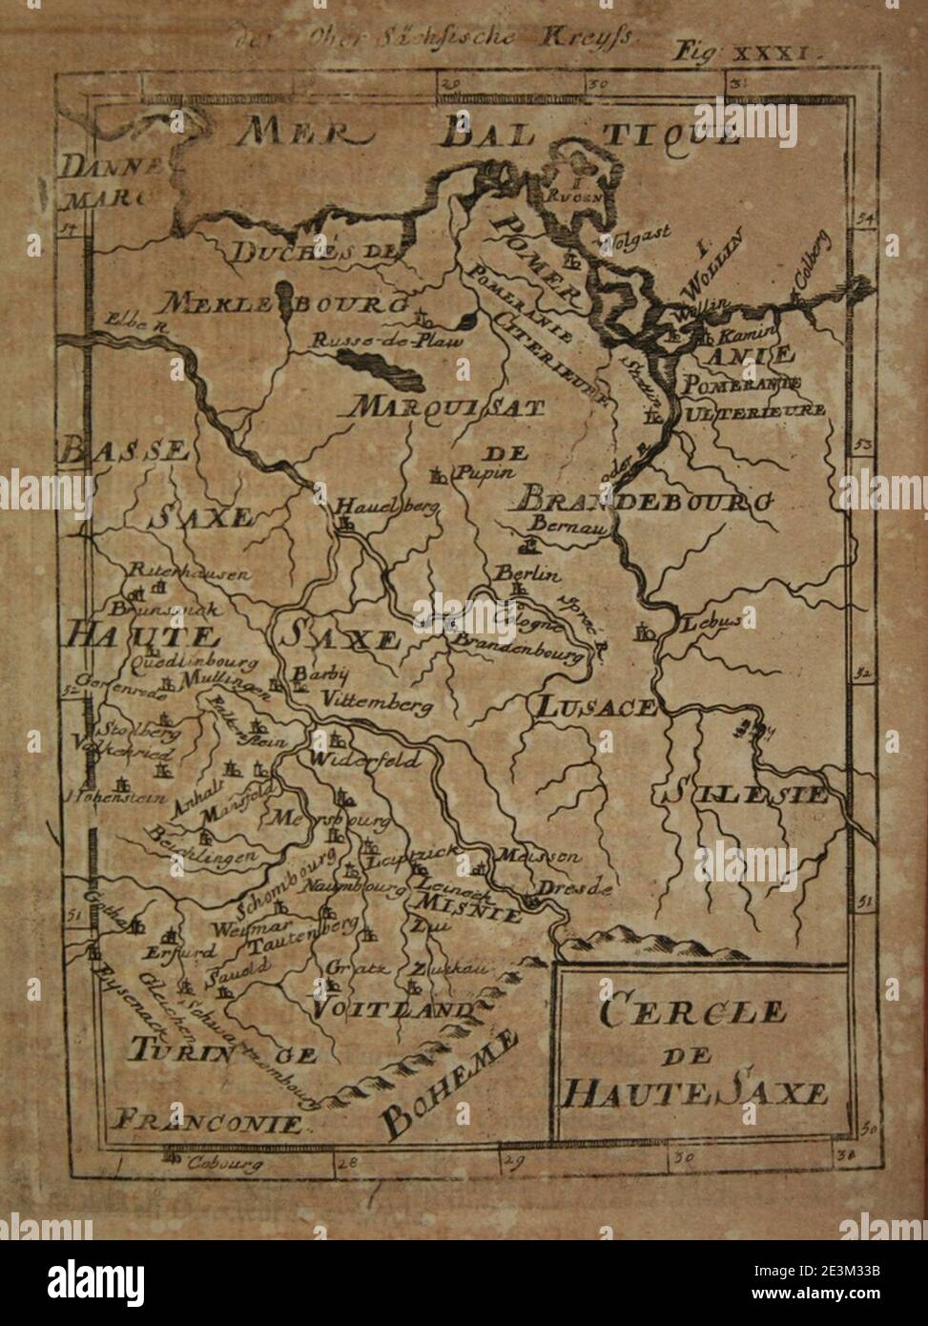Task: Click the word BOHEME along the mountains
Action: click(449, 1083)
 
